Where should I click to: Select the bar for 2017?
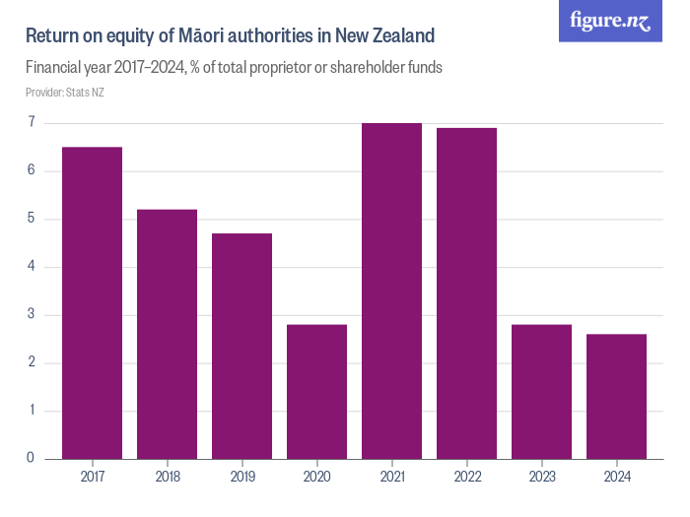click(x=92, y=302)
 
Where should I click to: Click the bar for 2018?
click(x=167, y=334)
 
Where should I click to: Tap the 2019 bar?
click(x=241, y=346)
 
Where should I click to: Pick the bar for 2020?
click(x=316, y=391)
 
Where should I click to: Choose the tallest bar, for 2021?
click(x=391, y=291)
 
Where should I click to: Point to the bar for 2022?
click(x=466, y=293)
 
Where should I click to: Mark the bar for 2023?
click(x=541, y=391)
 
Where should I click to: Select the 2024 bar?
click(x=616, y=396)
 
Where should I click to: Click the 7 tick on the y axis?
click(x=32, y=123)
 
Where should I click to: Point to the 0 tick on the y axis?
click(x=32, y=459)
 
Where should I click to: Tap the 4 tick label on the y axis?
click(x=32, y=267)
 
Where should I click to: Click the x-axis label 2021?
click(x=391, y=477)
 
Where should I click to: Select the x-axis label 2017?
click(x=92, y=477)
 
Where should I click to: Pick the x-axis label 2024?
click(x=616, y=477)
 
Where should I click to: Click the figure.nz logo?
click(x=611, y=21)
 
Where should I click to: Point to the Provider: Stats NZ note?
click(x=64, y=93)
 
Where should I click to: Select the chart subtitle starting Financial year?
click(x=234, y=68)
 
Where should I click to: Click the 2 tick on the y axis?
click(x=32, y=363)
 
